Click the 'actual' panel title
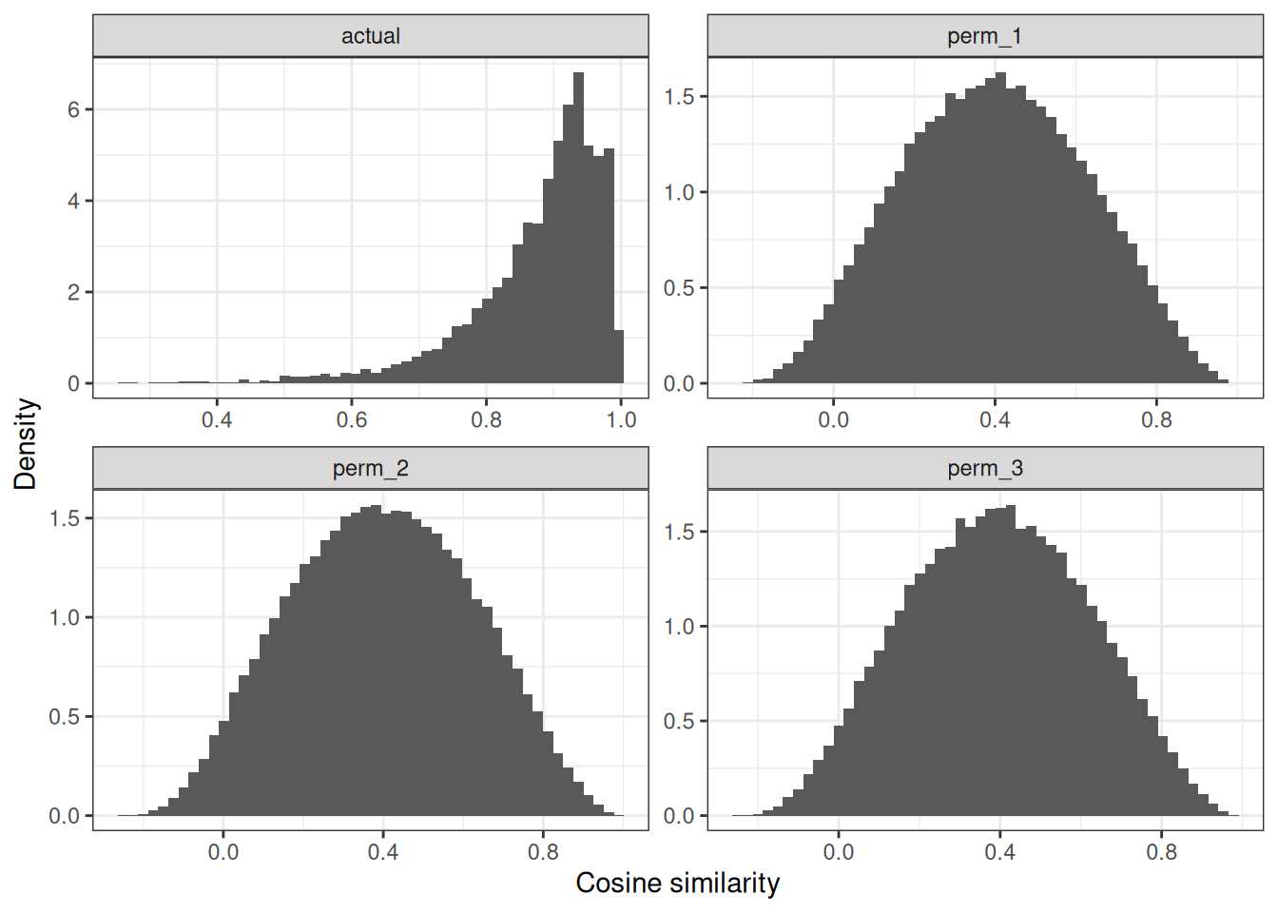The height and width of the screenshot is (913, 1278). (x=371, y=36)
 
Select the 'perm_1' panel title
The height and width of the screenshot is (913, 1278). (x=984, y=36)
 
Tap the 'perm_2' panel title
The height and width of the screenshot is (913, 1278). (x=371, y=468)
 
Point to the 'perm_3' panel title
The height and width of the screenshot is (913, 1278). (x=984, y=468)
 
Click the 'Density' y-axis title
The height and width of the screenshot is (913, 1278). (x=26, y=444)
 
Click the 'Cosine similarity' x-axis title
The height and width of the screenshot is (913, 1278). (x=677, y=884)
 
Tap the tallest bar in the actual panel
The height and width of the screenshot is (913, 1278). (x=578, y=228)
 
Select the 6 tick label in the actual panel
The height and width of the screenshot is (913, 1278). (x=73, y=110)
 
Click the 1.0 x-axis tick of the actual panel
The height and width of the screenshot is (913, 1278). (x=622, y=420)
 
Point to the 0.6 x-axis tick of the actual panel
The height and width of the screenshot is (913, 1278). (x=352, y=420)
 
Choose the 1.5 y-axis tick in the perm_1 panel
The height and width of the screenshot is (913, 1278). (x=679, y=97)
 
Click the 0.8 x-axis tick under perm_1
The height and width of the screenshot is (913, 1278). (x=1157, y=420)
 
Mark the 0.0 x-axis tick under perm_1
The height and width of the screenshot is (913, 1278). (x=833, y=420)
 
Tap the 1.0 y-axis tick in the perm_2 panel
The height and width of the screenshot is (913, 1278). (x=64, y=618)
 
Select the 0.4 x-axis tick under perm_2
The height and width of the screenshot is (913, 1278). (x=383, y=852)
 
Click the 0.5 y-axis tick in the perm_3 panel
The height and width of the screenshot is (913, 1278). (x=679, y=722)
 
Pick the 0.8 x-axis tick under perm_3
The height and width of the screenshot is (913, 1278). (x=1161, y=852)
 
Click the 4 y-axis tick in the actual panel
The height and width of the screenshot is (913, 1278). (x=73, y=202)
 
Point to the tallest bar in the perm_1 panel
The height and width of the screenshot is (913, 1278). (x=999, y=228)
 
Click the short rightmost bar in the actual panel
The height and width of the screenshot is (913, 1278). (x=619, y=358)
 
